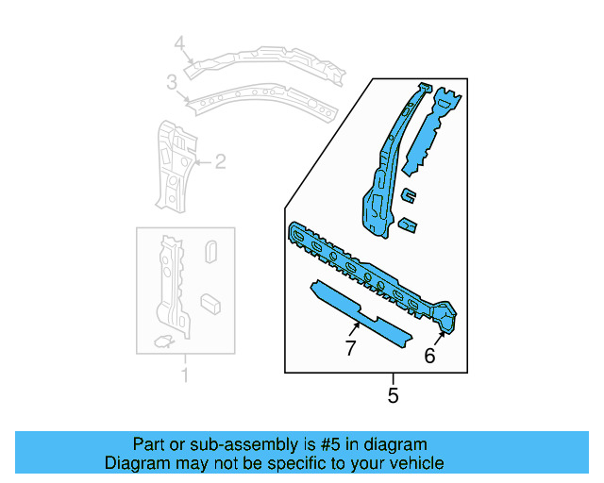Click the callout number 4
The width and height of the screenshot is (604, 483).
click(x=179, y=43)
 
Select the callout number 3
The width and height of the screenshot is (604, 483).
click(x=172, y=84)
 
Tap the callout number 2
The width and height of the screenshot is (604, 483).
click(x=220, y=162)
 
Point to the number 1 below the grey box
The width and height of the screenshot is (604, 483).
click(x=185, y=377)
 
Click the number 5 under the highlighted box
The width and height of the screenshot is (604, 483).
click(x=393, y=396)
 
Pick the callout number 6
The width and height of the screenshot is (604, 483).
click(x=429, y=356)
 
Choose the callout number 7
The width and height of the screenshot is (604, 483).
click(x=349, y=349)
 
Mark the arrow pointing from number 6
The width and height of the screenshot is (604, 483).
click(x=441, y=335)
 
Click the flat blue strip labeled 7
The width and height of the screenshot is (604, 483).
click(x=363, y=311)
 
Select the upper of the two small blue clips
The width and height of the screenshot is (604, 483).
click(x=408, y=195)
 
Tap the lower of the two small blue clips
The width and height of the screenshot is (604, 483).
click(x=407, y=225)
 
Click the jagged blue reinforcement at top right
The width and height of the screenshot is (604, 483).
click(x=430, y=132)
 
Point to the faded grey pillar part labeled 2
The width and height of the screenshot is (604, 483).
click(x=173, y=165)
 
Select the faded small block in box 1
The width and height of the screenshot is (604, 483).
click(x=210, y=302)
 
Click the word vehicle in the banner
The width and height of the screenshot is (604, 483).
click(x=413, y=463)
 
